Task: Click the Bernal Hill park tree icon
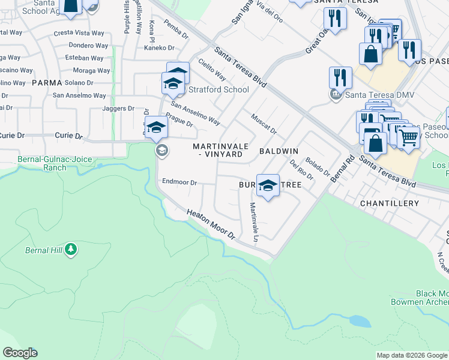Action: (x=71, y=248)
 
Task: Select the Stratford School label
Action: (x=218, y=90)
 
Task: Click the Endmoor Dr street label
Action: (x=179, y=182)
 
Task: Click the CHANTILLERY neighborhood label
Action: (x=389, y=203)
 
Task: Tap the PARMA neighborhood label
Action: (x=47, y=82)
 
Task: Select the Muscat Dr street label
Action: (x=264, y=124)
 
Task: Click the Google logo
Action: (x=20, y=353)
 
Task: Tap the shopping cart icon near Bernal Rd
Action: (x=408, y=137)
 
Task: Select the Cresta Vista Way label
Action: (x=79, y=33)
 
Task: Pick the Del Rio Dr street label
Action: (x=301, y=170)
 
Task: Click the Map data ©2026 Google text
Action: (x=412, y=355)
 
